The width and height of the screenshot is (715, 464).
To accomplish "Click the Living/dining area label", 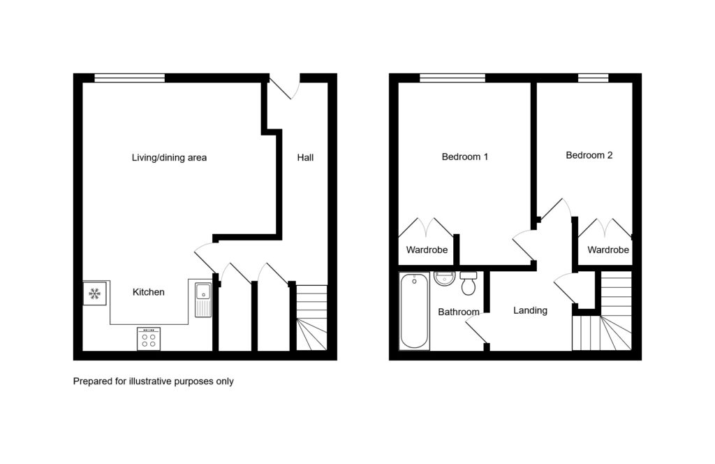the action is pyautogui.click(x=169, y=157).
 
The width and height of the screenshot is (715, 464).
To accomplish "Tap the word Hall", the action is pyautogui.click(x=305, y=157).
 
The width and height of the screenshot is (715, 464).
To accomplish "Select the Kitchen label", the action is pyautogui.click(x=148, y=292).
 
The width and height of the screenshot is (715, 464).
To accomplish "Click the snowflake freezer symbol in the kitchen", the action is pyautogui.click(x=95, y=293).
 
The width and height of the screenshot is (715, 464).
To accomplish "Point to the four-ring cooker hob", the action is pyautogui.click(x=149, y=338).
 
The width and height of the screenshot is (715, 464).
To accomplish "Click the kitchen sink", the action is pyautogui.click(x=203, y=300).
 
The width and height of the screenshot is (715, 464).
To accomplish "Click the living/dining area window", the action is pyautogui.click(x=130, y=78).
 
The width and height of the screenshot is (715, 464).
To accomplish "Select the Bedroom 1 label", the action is pyautogui.click(x=464, y=157).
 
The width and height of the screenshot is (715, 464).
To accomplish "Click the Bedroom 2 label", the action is pyautogui.click(x=589, y=155).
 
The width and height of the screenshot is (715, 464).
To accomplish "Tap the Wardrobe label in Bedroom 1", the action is pyautogui.click(x=427, y=250).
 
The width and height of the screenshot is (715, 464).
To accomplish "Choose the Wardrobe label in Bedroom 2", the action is pyautogui.click(x=608, y=250).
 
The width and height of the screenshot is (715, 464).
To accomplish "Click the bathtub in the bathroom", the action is pyautogui.click(x=414, y=311).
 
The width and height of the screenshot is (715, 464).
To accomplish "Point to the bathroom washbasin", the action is pyautogui.click(x=445, y=278).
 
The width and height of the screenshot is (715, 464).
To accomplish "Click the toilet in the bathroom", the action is pyautogui.click(x=469, y=283).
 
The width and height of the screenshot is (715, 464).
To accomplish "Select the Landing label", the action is pyautogui.click(x=530, y=311).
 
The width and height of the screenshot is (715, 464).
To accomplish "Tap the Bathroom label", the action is pyautogui.click(x=458, y=312).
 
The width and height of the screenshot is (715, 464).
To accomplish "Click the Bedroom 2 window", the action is pyautogui.click(x=593, y=78).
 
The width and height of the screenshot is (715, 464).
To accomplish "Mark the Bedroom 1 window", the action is pyautogui.click(x=452, y=78).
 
